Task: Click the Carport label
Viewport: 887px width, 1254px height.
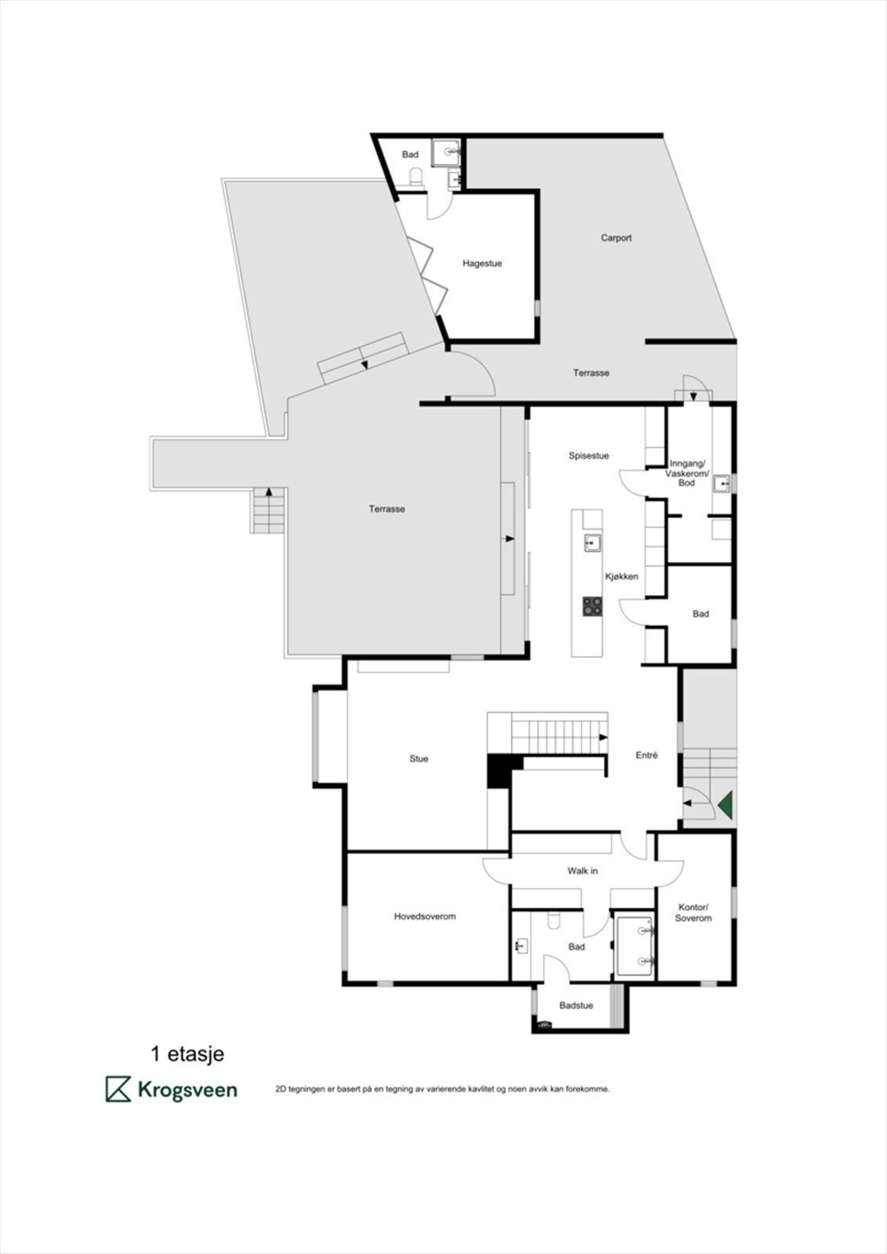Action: click(x=616, y=237)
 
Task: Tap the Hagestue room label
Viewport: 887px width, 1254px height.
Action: click(x=482, y=263)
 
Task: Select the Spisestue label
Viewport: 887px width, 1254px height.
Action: click(x=588, y=455)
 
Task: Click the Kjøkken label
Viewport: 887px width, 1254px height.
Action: click(x=621, y=576)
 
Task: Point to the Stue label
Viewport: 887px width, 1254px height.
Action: click(x=418, y=759)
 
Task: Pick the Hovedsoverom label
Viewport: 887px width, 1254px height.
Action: click(x=425, y=916)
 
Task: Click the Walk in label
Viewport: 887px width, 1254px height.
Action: click(x=582, y=871)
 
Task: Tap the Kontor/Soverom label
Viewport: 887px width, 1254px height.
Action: click(x=693, y=912)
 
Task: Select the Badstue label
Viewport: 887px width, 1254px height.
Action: click(x=576, y=1006)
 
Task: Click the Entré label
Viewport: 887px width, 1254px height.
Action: click(x=646, y=756)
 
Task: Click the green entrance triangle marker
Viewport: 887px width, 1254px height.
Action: click(x=726, y=805)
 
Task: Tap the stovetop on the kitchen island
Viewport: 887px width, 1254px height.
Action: click(x=592, y=606)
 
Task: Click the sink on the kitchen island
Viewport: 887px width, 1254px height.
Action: click(x=592, y=542)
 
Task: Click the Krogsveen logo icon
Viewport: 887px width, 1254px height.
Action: click(x=118, y=1089)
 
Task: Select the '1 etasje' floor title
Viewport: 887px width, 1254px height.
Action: click(x=187, y=1054)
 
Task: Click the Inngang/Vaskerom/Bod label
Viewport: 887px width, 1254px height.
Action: click(x=686, y=473)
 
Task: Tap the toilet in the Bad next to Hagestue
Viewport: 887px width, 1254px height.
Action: click(x=416, y=175)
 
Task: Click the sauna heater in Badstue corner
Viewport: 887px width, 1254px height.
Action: click(x=543, y=1023)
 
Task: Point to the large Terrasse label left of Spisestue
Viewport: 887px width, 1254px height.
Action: click(x=387, y=509)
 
